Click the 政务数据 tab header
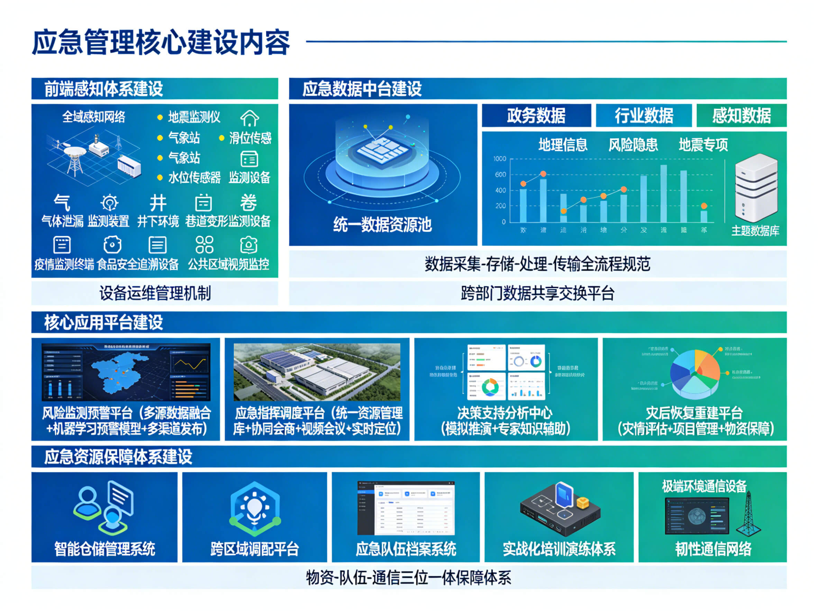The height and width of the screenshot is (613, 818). tap(536, 116)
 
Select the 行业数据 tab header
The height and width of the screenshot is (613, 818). tap(644, 116)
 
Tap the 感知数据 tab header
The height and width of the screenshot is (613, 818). tap(741, 116)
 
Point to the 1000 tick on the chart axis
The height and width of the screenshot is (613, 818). tap(500, 159)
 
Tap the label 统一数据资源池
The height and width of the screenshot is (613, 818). tap(382, 225)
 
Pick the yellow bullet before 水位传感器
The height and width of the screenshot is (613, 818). tap(160, 178)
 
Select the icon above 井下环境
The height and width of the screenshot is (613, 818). tap(158, 203)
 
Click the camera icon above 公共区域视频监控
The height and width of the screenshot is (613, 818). tap(248, 244)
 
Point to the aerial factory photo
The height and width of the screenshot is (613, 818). tap(317, 372)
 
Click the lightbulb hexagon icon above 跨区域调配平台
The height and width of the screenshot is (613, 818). tap(254, 508)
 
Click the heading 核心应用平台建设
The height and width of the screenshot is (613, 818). tap(103, 322)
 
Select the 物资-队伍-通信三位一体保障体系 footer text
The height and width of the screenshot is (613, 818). tap(408, 577)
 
